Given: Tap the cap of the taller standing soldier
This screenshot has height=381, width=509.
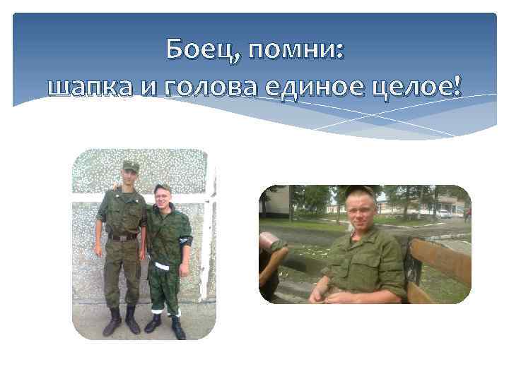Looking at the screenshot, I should (130, 165).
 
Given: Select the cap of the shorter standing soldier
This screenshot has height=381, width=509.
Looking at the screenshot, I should (163, 188).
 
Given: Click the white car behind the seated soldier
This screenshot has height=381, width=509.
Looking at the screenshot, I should (444, 213).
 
